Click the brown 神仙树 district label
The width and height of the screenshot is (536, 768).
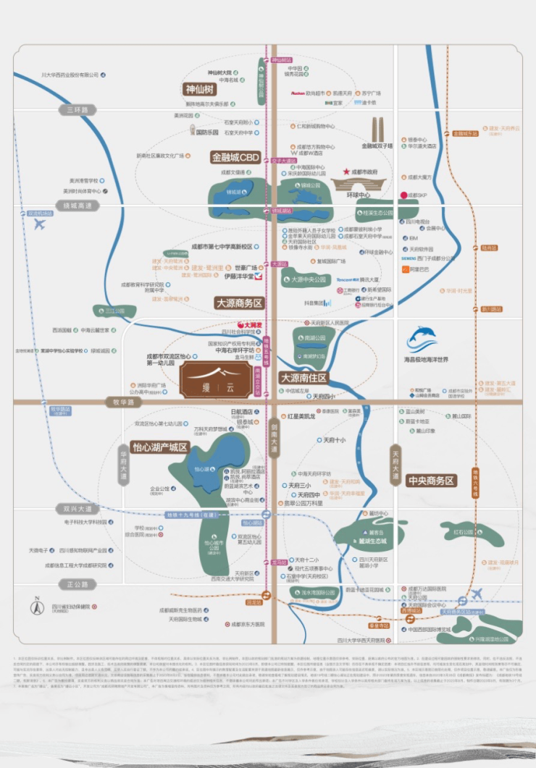click(x=201, y=90)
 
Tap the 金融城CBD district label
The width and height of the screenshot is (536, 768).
click(x=235, y=156)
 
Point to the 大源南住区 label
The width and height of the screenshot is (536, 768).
click(x=304, y=378)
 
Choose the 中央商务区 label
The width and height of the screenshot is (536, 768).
click(x=430, y=480)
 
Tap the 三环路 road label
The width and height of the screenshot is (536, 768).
click(x=78, y=110)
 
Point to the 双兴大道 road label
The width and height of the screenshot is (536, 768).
click(x=78, y=510)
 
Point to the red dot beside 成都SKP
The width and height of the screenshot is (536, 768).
click(x=403, y=195)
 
